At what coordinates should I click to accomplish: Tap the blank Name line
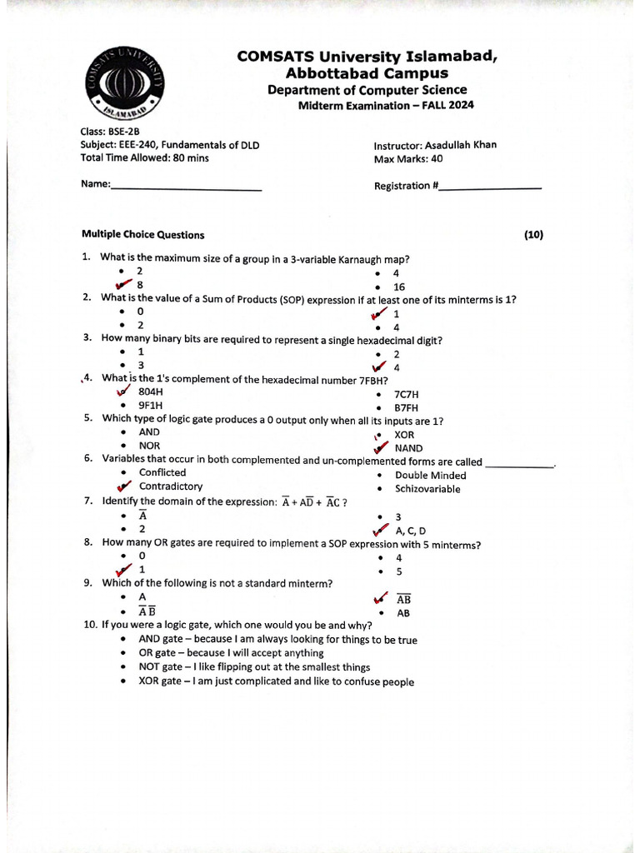click(x=187, y=190)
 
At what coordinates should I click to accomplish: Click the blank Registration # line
click(x=490, y=188)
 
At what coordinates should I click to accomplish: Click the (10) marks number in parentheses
click(x=533, y=235)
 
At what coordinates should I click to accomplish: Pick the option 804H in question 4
click(x=151, y=392)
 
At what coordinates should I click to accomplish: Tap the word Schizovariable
click(x=427, y=489)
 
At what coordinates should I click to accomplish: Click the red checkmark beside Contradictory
click(x=125, y=486)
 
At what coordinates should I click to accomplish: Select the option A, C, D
click(x=411, y=531)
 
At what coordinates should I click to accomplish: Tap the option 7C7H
click(x=407, y=393)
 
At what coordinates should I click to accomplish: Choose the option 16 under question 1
click(x=399, y=287)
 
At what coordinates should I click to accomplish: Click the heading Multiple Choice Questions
click(x=142, y=235)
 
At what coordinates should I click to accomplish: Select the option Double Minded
click(x=430, y=476)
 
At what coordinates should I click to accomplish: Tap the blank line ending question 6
click(x=519, y=466)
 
